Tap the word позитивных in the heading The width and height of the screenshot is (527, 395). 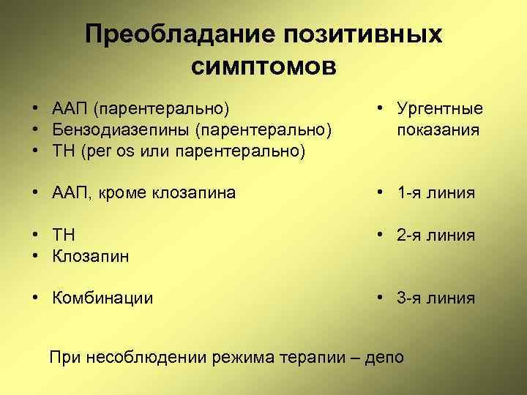coord(359,34)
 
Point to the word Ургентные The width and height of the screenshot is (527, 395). coord(440,109)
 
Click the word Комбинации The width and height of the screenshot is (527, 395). coord(102,298)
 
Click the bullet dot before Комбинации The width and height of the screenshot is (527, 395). coord(35,298)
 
